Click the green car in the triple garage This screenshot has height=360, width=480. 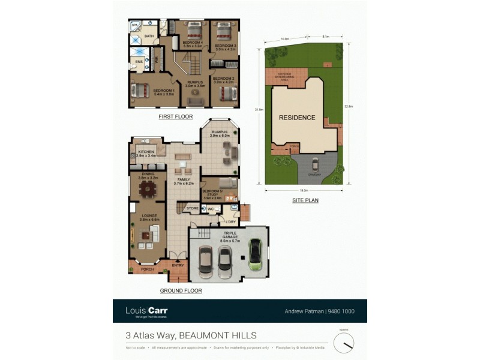256,254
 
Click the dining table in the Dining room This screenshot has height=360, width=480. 147,190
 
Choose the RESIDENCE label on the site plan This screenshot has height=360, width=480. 296,118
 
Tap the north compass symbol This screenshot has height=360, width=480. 344,343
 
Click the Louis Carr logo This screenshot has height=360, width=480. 146,311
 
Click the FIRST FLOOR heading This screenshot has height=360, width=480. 175,117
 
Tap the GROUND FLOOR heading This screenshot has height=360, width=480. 181,290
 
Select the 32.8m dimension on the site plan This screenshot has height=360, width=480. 349,106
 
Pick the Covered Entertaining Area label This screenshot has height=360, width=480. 285,77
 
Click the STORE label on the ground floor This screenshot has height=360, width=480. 192,208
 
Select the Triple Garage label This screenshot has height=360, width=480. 230,235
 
